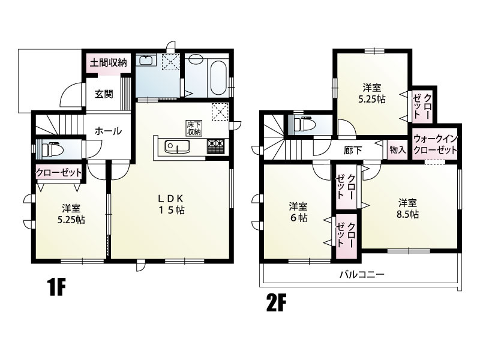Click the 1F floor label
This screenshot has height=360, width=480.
pyautogui.click(x=57, y=287)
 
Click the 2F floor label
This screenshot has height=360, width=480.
pyautogui.click(x=277, y=303)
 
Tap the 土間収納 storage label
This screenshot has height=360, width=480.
pyautogui.click(x=108, y=63)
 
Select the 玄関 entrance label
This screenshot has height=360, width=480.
pyautogui.click(x=104, y=94)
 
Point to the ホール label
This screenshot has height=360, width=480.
pyautogui.click(x=108, y=131)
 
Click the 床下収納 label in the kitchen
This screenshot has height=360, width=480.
pyautogui.click(x=194, y=128)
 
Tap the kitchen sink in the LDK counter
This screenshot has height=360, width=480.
pyautogui.click(x=177, y=146)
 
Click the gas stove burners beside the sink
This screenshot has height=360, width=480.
pyautogui.click(x=215, y=146)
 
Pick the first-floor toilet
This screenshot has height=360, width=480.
pyautogui.click(x=52, y=149)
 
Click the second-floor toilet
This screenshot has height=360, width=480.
pyautogui.click(x=303, y=124)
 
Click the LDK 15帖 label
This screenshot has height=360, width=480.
pyautogui.click(x=171, y=204)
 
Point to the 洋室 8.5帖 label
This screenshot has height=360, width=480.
pyautogui.click(x=407, y=208)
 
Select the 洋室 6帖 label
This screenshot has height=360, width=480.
pyautogui.click(x=298, y=212)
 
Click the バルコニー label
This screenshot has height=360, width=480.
pyautogui.click(x=362, y=274)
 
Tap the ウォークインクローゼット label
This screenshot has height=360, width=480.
pyautogui.click(x=435, y=144)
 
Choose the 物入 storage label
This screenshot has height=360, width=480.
pyautogui.click(x=397, y=149)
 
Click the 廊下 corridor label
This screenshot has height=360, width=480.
pyautogui.click(x=353, y=151)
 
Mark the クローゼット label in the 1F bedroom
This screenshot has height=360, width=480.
pyautogui.click(x=59, y=173)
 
